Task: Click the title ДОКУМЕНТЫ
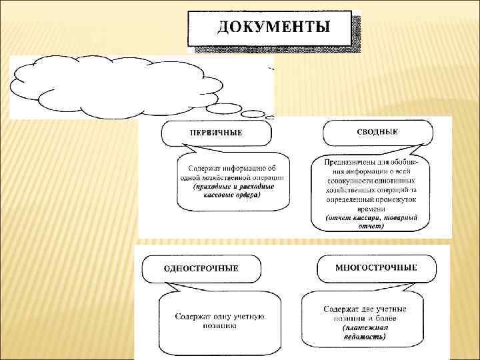(x=273, y=27)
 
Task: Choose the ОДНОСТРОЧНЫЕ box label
(x=201, y=268)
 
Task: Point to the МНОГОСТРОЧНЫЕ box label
(x=377, y=267)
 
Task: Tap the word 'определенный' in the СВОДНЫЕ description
(x=353, y=199)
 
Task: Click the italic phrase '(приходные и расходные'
(x=229, y=187)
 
